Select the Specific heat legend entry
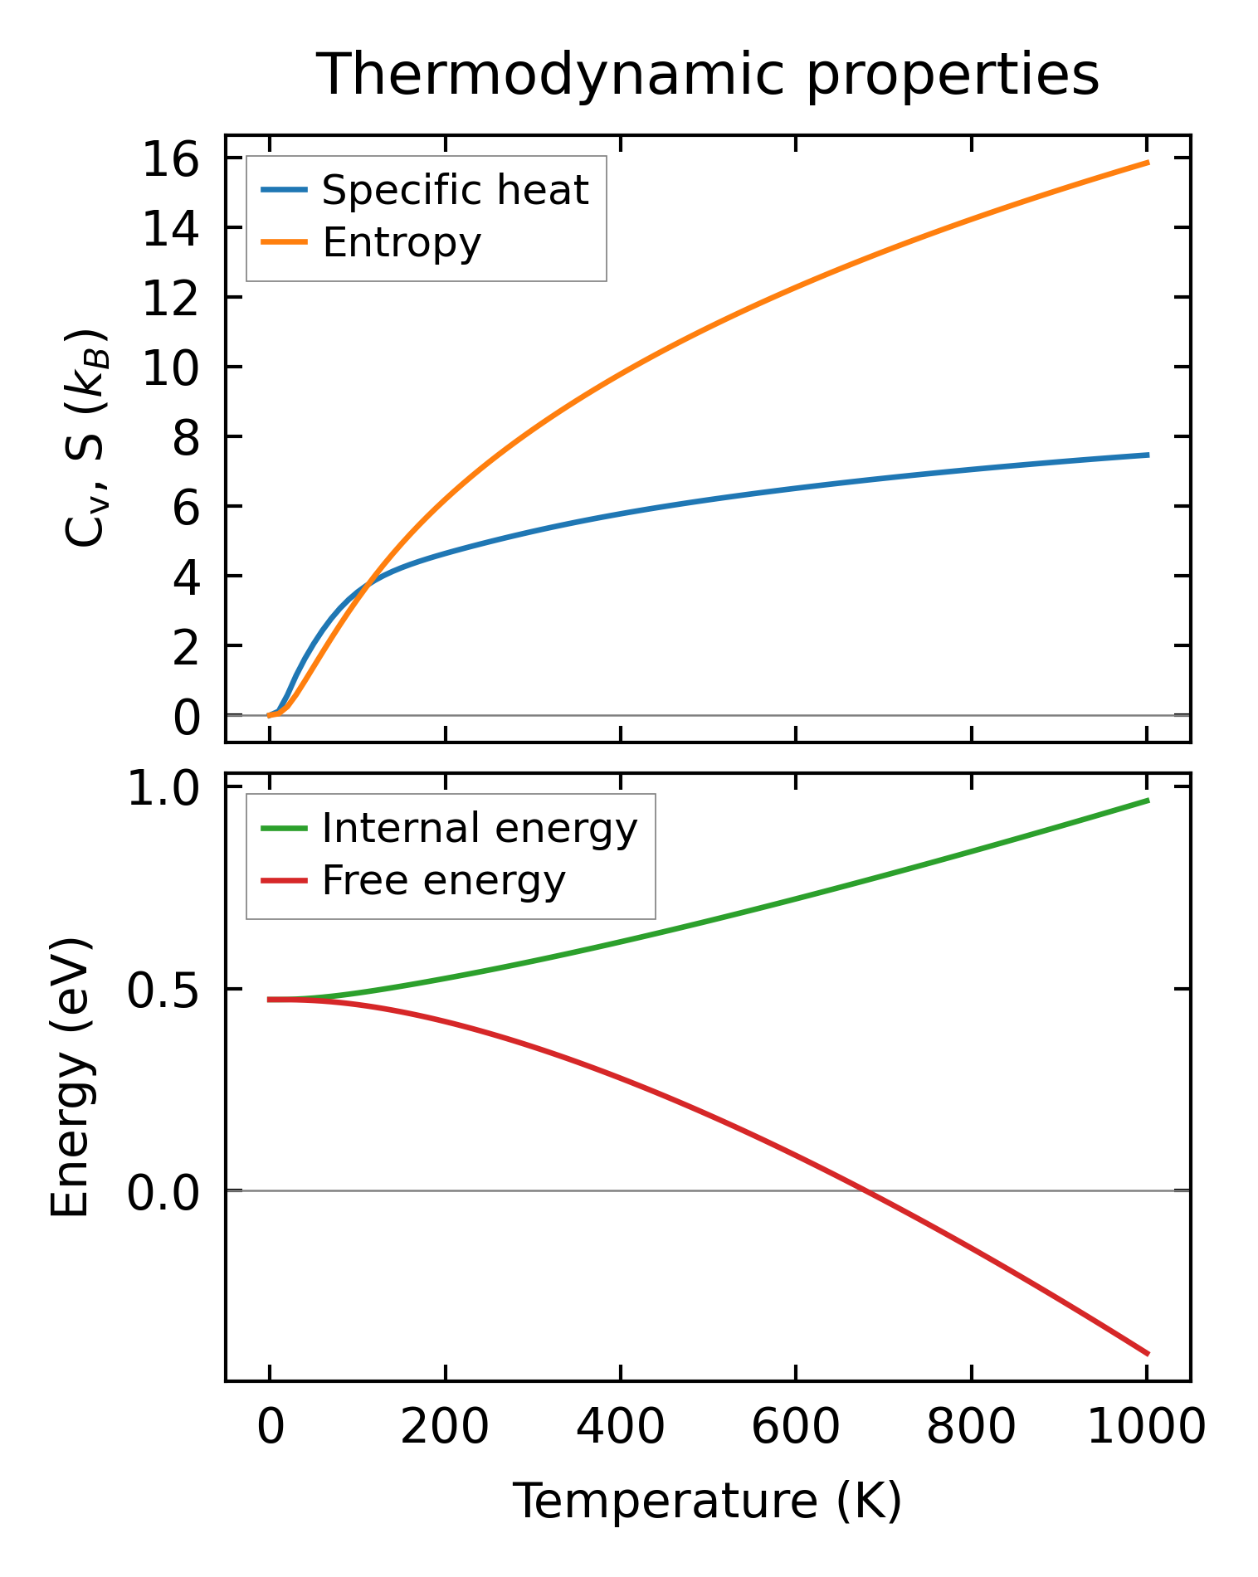(455, 190)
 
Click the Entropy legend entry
(402, 242)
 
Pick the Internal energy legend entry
(479, 828)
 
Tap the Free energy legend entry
(443, 880)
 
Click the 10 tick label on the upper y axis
(171, 367)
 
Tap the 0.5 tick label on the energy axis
(163, 989)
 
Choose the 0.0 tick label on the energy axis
(163, 1191)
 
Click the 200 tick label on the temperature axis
(445, 1428)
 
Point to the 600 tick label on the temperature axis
(795, 1428)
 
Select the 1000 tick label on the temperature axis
(1146, 1428)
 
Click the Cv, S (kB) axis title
(85, 438)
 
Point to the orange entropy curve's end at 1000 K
(1148, 163)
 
